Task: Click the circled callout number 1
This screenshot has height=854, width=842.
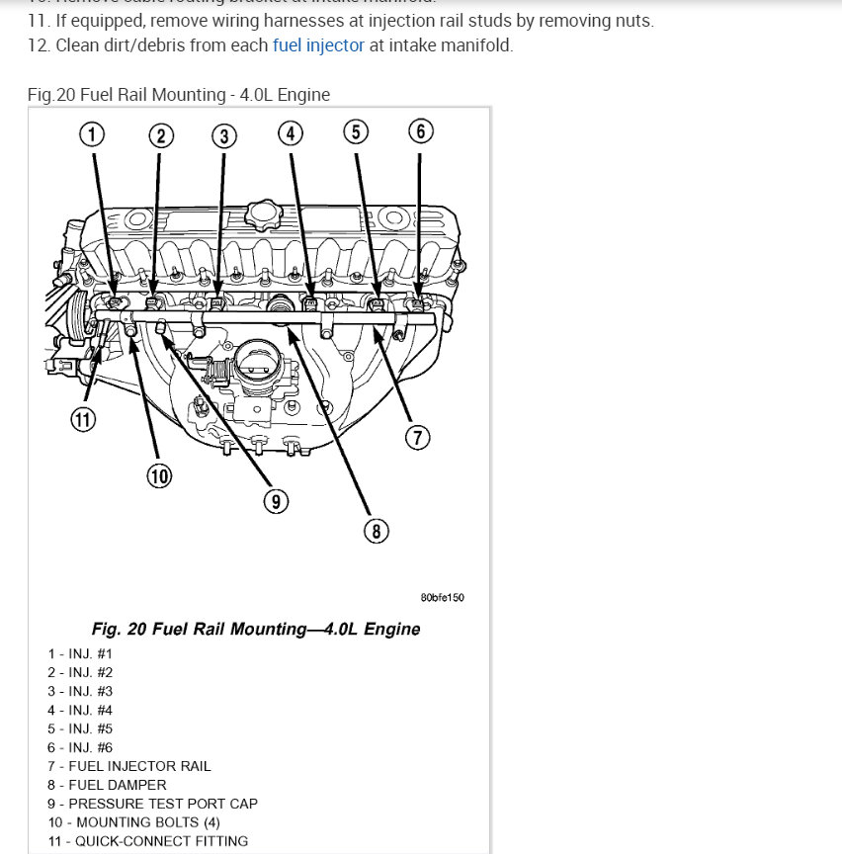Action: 92,133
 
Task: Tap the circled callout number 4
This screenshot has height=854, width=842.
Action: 290,133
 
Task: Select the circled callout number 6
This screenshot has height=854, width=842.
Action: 420,131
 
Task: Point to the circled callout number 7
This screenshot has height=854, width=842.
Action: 418,437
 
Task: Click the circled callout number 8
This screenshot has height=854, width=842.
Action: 376,531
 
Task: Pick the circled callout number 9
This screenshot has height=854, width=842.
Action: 276,502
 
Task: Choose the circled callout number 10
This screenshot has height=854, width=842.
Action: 159,476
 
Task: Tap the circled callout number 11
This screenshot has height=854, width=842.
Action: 83,419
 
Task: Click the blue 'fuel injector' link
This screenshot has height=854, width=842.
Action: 318,45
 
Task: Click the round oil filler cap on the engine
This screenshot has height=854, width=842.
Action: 264,212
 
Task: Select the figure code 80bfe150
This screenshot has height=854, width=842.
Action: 442,598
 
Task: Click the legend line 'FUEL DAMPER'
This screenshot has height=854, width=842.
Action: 107,785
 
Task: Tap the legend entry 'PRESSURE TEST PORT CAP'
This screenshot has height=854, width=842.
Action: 152,804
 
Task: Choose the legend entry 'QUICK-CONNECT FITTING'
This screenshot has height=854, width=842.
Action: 147,841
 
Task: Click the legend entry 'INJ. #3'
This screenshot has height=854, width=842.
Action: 80,691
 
